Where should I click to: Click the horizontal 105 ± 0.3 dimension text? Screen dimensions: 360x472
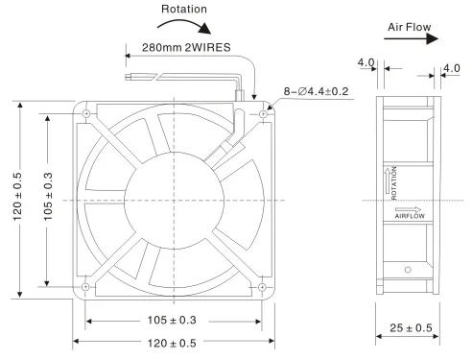click(x=174, y=320)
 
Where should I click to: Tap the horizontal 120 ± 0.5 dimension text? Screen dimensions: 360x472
click(x=174, y=342)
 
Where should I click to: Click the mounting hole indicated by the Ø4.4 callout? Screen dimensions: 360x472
click(x=261, y=113)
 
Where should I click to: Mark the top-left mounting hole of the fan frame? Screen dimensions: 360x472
click(x=87, y=113)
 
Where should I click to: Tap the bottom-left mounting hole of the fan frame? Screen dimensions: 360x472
click(x=87, y=286)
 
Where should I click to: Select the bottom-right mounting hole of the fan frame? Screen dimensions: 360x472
click(x=261, y=286)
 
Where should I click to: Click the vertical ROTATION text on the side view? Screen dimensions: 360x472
click(x=391, y=180)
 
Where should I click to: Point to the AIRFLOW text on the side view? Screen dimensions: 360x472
click(x=408, y=216)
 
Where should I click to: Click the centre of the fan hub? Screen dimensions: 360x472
click(x=174, y=200)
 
